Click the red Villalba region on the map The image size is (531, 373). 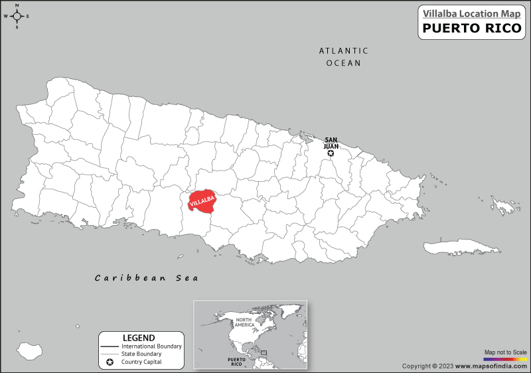(x=202, y=201)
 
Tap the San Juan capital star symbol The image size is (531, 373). (x=331, y=153)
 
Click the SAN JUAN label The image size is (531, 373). (x=331, y=143)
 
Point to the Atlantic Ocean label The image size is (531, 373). (x=343, y=56)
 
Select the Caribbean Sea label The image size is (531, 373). (x=146, y=278)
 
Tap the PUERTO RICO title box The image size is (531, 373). (x=471, y=29)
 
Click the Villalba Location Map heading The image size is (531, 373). (x=471, y=11)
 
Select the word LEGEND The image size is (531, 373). (x=139, y=338)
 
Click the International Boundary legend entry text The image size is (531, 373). (x=151, y=346)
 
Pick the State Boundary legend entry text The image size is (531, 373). (x=141, y=354)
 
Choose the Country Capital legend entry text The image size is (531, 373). (x=142, y=362)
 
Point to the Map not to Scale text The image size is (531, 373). (x=505, y=352)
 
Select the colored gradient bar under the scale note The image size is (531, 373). (x=505, y=358)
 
